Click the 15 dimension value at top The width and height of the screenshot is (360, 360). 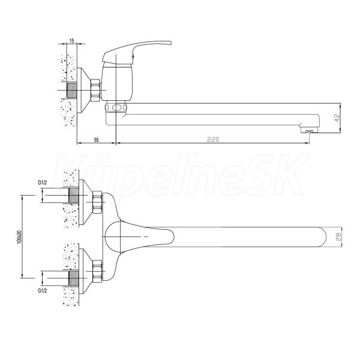pyautogui.click(x=71, y=41)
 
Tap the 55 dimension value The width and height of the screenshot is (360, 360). pyautogui.click(x=97, y=140)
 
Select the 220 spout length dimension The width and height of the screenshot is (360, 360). pyautogui.click(x=213, y=139)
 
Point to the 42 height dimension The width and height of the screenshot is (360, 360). pyautogui.click(x=337, y=118)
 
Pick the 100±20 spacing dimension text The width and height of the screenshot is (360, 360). pyautogui.click(x=19, y=237)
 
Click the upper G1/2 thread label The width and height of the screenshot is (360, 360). pyautogui.click(x=42, y=183)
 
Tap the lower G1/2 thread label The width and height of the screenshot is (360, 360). pyautogui.click(x=42, y=290)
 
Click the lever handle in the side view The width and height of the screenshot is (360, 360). pyautogui.click(x=137, y=52)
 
